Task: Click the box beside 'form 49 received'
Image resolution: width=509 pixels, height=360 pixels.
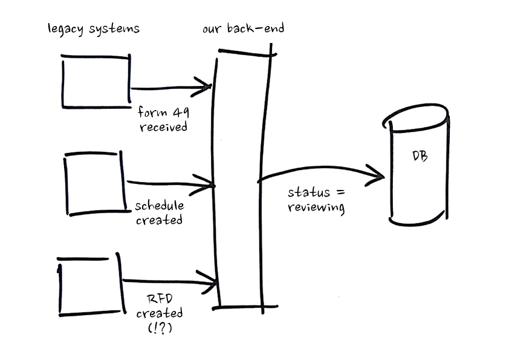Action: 96,82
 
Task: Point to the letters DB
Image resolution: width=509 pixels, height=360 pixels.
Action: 420,156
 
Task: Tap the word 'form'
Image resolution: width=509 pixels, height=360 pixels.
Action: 152,113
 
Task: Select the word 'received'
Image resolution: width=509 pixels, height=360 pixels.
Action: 163,127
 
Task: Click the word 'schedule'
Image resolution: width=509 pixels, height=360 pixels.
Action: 160,206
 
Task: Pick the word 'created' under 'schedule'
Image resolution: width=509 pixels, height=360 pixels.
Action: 159,220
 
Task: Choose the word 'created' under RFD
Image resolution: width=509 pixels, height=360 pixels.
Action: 159,313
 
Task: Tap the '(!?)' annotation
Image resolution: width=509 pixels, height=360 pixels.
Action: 159,329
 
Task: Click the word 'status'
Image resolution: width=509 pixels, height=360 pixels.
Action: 308,192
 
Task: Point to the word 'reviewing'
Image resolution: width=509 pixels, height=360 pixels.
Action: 316,208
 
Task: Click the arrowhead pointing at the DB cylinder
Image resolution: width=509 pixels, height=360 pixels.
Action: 379,177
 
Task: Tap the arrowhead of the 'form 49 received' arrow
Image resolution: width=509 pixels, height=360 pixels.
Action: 204,86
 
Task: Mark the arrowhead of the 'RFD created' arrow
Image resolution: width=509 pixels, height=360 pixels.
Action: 211,281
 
